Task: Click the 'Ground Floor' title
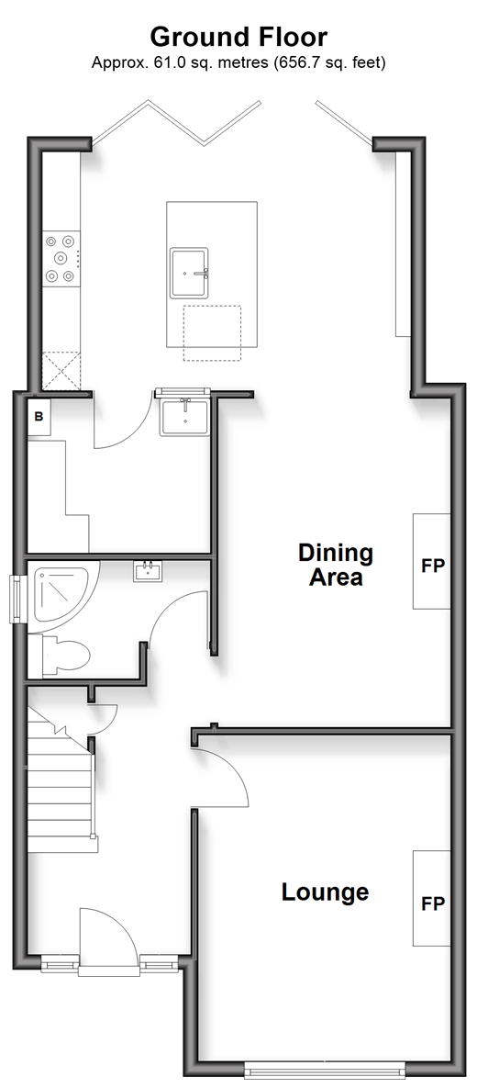(x=238, y=36)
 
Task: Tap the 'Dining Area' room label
(x=336, y=564)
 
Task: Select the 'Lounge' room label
(x=325, y=892)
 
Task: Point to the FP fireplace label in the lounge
(x=433, y=904)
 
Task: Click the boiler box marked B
(x=39, y=417)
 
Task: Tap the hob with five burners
(x=61, y=258)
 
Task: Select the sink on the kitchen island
(x=189, y=272)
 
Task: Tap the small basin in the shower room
(x=148, y=571)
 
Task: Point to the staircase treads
(x=61, y=784)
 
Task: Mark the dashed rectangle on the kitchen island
(x=212, y=333)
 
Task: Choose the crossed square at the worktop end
(x=61, y=371)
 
